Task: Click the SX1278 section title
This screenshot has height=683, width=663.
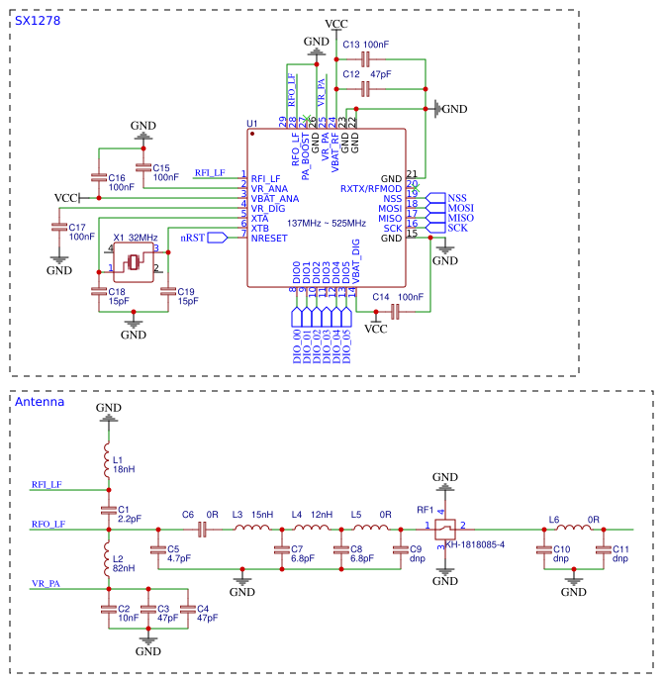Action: pos(37,21)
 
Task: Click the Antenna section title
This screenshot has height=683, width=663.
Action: pos(40,402)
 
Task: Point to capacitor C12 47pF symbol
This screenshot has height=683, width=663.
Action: pos(365,89)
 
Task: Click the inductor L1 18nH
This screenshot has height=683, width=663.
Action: pos(108,460)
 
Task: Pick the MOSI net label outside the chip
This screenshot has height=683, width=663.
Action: pos(460,208)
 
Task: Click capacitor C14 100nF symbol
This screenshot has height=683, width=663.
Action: pos(395,312)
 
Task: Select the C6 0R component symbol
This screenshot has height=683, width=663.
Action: pos(202,530)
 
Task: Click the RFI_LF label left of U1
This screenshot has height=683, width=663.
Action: pos(210,173)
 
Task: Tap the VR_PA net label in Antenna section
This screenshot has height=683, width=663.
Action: pos(47,584)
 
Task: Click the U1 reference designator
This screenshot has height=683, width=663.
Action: pos(251,125)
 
